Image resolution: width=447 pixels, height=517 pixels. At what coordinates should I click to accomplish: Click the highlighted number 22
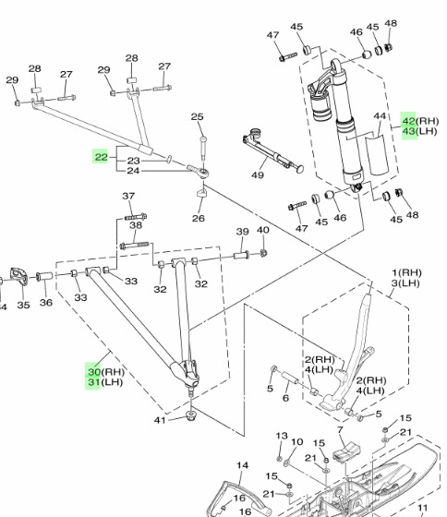point(101,157)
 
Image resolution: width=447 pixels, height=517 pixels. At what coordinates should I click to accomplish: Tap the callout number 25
point(198,116)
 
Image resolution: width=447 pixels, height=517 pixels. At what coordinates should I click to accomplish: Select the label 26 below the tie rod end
point(199,218)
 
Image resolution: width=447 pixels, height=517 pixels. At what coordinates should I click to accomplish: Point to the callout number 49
point(258,174)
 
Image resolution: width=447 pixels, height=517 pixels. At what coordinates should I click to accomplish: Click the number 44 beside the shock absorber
point(380,116)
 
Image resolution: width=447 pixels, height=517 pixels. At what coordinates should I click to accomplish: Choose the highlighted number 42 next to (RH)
point(409,121)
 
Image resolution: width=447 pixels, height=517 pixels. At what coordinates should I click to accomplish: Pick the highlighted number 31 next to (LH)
point(94,382)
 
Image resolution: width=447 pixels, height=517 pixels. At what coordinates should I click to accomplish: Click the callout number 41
point(160,420)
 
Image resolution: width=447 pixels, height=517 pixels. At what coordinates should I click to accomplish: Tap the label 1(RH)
point(406,272)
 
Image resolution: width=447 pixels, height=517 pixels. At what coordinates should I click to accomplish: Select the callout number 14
point(243,465)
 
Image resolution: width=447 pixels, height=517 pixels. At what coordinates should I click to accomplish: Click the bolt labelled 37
point(136,217)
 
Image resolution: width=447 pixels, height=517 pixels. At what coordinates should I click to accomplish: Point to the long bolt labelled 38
point(134,245)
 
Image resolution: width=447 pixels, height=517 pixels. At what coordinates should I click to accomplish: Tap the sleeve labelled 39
point(241,255)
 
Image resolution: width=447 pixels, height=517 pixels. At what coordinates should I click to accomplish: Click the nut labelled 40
point(263,253)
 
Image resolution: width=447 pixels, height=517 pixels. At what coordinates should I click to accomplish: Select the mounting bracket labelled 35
point(19,276)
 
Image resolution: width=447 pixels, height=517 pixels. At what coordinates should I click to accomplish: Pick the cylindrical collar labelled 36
point(44,276)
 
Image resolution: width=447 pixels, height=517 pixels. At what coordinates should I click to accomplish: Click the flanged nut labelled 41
point(190,415)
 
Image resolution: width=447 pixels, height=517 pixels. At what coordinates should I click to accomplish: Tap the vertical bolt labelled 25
point(203,147)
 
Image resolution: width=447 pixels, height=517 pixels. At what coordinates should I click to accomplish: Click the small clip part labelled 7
point(346,452)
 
